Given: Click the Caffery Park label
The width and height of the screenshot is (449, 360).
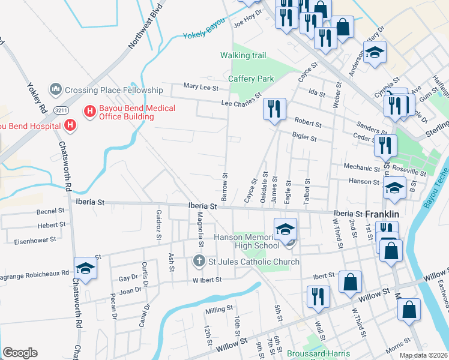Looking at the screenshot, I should click(251, 79).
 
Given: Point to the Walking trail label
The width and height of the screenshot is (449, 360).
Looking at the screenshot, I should click(243, 55).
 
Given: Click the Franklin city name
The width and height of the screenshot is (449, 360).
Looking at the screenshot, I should click(382, 214).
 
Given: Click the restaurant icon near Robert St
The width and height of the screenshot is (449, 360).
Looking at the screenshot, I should click(274, 109).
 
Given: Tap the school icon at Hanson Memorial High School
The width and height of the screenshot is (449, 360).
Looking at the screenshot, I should click(285, 229).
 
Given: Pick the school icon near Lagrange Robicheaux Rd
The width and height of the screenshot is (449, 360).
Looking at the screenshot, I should click(85, 268).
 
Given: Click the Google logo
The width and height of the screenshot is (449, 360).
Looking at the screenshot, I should click(20, 352).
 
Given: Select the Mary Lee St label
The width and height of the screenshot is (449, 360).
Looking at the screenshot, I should click(200, 87).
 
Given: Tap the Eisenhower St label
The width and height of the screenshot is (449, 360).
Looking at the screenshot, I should click(36, 239).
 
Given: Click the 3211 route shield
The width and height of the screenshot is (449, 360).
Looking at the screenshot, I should click(59, 110).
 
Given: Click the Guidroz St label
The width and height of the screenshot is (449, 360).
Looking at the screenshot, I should click(158, 226).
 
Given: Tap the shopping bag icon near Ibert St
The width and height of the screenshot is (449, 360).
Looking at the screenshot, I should click(350, 282).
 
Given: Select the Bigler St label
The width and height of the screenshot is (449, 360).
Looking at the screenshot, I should click(304, 138).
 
